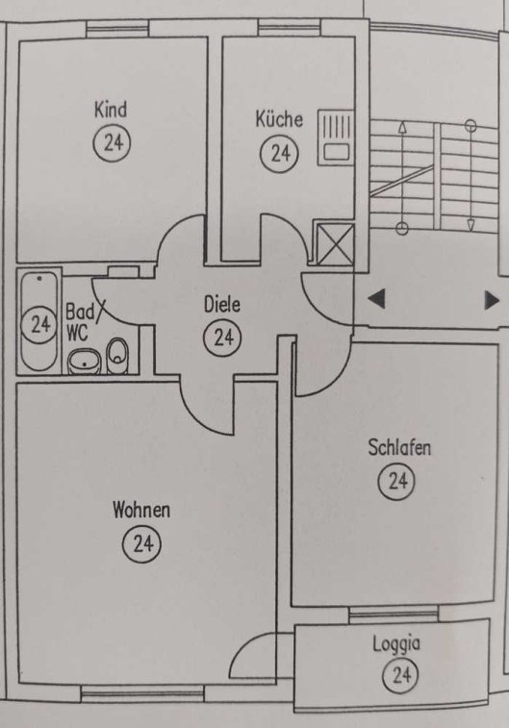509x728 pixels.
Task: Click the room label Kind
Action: pos(111,110)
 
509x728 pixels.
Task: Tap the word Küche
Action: pos(279,119)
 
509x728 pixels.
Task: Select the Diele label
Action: pos(222,305)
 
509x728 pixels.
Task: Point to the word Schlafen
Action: pos(399,447)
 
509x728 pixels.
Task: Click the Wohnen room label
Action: pos(141,510)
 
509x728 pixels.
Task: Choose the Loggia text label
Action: pos(396,644)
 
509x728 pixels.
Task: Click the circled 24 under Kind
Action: pos(112,142)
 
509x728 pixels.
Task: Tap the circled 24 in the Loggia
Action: pos(400,674)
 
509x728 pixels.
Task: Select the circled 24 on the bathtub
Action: pos(39,324)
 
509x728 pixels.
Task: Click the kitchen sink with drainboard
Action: pos(336,138)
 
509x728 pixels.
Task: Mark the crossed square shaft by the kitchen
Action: pos(335,244)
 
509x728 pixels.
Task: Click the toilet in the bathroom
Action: pos(118,356)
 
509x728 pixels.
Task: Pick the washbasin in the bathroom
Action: pos(85,363)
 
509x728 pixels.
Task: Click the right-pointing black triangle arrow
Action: pos(492,300)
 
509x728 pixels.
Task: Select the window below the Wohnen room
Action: pos(142,693)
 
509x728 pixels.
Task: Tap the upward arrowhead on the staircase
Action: pos(402,127)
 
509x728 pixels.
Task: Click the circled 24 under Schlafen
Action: pos(396,481)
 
